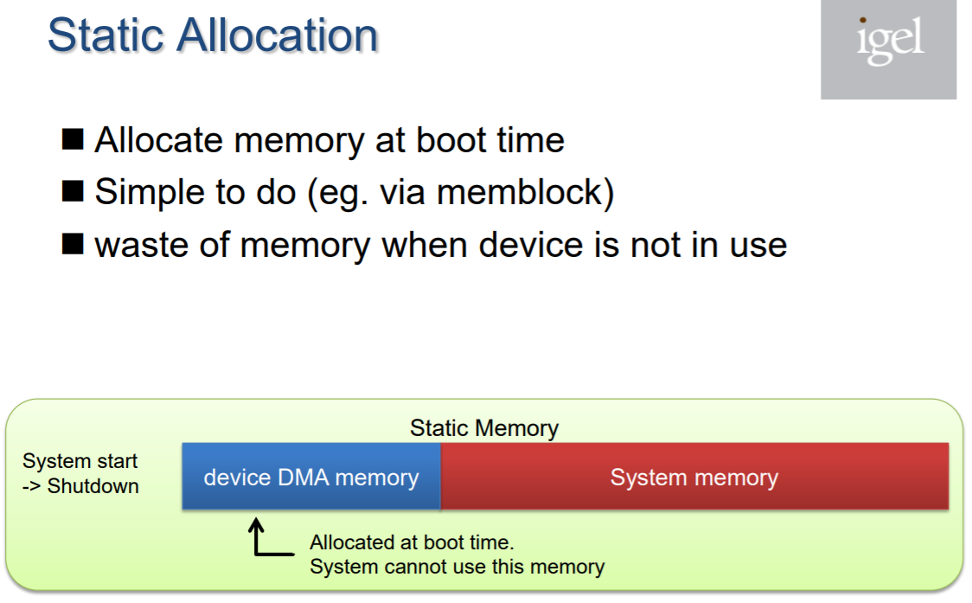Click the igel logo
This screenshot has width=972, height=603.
pos(888,49)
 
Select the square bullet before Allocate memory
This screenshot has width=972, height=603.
pos(73,139)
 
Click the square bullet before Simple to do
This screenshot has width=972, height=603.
pos(73,192)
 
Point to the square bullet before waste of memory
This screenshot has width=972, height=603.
pos(73,245)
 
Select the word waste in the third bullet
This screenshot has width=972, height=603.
pos(141,245)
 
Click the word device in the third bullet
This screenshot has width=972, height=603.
pos(531,245)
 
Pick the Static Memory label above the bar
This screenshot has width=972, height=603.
pos(484,428)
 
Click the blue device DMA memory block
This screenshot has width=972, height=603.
pos(311,477)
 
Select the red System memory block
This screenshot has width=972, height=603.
pos(694,477)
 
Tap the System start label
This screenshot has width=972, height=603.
pos(80,461)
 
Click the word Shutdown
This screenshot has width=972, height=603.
pos(93,486)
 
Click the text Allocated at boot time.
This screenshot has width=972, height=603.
pos(412,542)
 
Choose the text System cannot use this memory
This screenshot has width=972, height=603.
pos(457,567)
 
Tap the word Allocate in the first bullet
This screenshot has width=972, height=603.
pos(159,139)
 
